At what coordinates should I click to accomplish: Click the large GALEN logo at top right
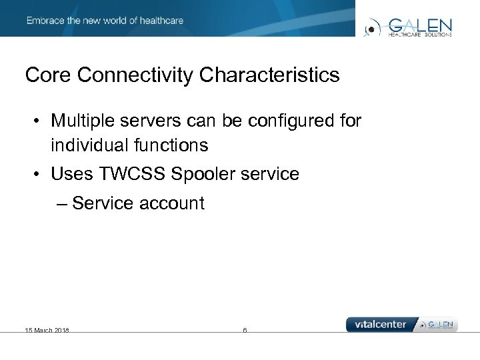tap(409, 27)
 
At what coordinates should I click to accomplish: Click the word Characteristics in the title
tap(269, 75)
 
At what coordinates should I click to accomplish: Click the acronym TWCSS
tap(133, 174)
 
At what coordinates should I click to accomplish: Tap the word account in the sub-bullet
tap(172, 203)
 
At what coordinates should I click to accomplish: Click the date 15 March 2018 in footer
tap(47, 330)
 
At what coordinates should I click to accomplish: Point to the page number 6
tap(245, 330)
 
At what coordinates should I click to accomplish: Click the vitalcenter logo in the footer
tap(381, 325)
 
